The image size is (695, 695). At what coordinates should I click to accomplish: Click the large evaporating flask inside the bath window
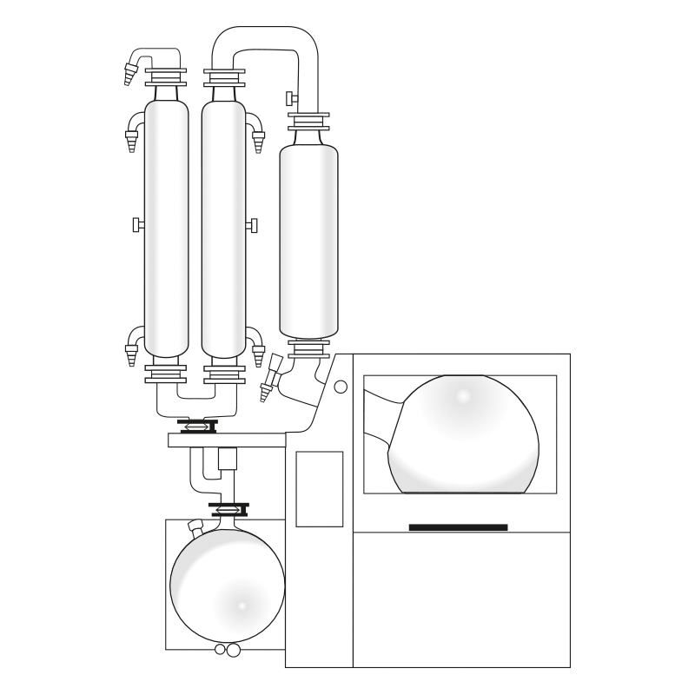(465, 434)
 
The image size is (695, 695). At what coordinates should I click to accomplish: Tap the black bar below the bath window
(458, 527)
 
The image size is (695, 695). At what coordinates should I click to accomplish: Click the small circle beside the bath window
(341, 387)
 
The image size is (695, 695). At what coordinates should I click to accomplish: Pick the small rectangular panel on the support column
(319, 489)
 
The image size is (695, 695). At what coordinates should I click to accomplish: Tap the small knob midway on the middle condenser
(252, 225)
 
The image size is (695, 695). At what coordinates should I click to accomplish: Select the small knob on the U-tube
(290, 96)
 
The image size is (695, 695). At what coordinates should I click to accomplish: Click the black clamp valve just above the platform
(195, 426)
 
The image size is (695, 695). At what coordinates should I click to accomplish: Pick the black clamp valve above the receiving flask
(230, 508)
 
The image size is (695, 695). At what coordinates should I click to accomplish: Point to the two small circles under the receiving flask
(227, 650)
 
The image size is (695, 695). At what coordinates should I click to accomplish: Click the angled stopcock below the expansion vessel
(271, 375)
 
